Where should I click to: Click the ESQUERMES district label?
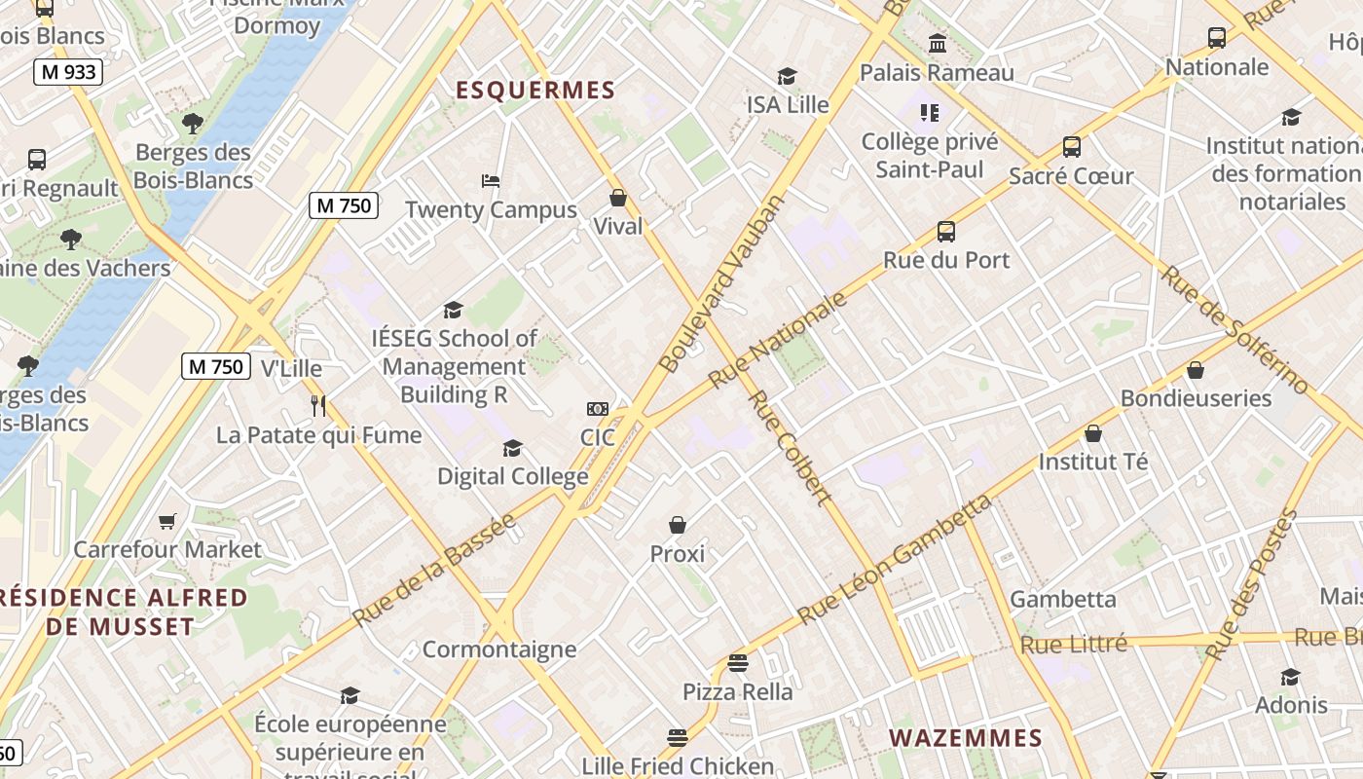535,91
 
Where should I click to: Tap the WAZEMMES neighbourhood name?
965,738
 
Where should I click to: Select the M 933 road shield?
68,71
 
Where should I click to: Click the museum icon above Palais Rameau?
938,43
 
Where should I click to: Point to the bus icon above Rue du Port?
946,232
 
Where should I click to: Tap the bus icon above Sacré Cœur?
1072,147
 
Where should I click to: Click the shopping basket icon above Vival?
618,199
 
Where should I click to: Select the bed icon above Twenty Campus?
491,181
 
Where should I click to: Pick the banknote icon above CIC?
598,409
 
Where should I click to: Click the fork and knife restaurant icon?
318,405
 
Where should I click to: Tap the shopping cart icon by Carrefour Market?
167,522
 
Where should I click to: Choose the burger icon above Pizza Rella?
738,664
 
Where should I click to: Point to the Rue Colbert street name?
790,448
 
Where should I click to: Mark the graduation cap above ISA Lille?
787,76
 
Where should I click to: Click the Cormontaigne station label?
499,649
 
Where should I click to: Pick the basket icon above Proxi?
678,526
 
